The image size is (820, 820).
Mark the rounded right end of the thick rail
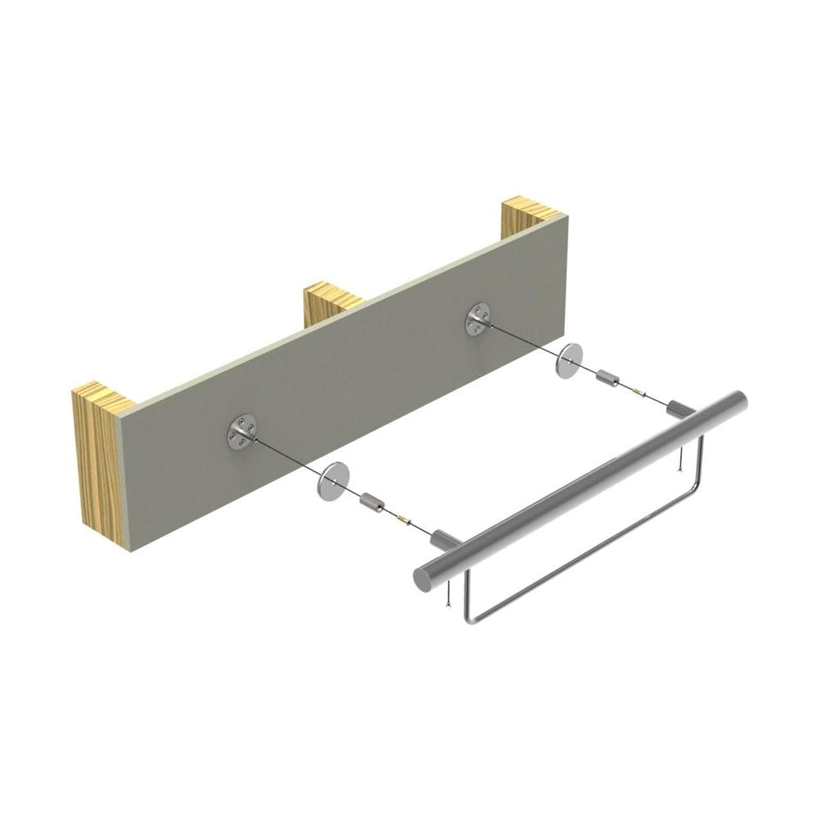point(739,402)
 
